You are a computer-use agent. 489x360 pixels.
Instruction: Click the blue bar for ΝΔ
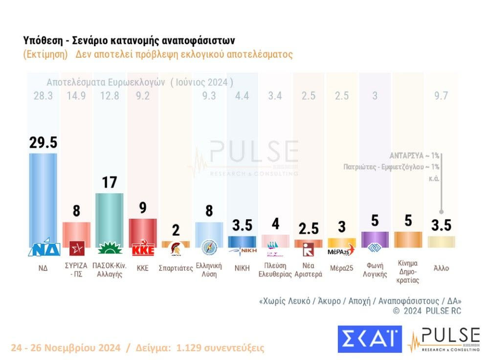click(x=43, y=196)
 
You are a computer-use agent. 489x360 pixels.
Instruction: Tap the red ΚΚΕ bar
click(x=142, y=230)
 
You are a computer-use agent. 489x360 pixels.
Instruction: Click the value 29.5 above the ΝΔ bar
click(x=43, y=142)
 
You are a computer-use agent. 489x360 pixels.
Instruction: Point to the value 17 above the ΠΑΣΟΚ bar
click(x=109, y=182)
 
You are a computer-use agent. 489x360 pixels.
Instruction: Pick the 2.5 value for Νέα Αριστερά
click(x=309, y=228)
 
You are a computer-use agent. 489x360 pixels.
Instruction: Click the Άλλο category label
click(x=441, y=268)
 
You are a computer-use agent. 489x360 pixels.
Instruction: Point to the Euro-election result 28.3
click(x=43, y=96)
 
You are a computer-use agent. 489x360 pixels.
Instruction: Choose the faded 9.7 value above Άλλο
click(x=441, y=96)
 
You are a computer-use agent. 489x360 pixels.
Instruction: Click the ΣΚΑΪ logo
click(x=369, y=339)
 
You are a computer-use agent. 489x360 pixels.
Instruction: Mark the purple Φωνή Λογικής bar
click(x=375, y=239)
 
